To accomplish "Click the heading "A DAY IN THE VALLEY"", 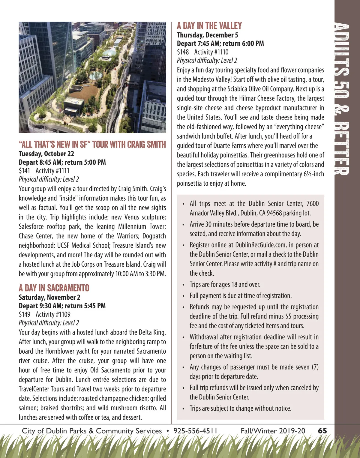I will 209,26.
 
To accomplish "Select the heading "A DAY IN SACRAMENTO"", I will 54,288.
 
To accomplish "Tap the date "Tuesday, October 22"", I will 46,154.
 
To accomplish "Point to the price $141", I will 24,171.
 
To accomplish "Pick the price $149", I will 24,314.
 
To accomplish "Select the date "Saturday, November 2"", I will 49,298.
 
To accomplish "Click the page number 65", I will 322,431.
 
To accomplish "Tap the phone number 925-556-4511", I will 195,431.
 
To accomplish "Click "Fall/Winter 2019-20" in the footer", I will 273,431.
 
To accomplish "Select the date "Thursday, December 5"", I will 207,35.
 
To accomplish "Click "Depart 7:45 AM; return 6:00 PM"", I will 220,43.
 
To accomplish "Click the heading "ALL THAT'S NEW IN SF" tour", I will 92,145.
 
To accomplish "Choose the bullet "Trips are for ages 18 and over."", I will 225,285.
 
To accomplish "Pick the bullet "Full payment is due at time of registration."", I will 240,296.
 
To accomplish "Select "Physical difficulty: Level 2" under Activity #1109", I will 49,323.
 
